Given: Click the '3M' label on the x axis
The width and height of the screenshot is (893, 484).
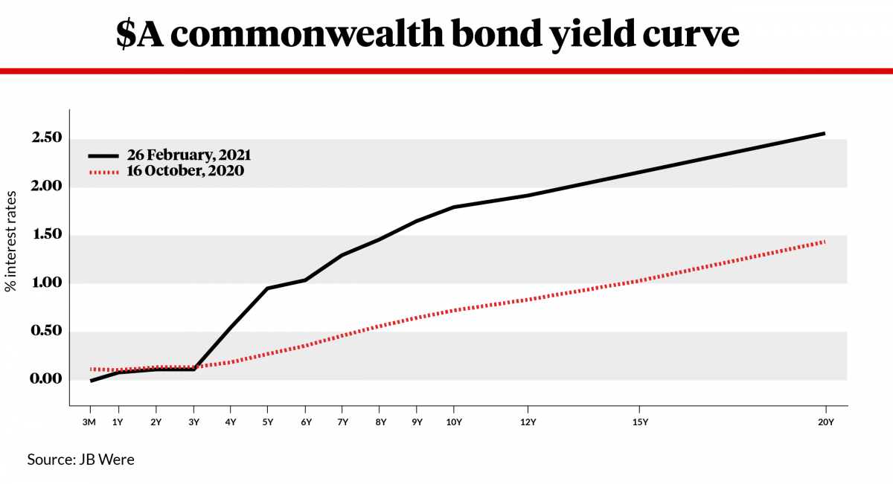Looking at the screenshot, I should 90,422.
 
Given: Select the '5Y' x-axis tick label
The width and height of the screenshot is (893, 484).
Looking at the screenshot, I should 268,422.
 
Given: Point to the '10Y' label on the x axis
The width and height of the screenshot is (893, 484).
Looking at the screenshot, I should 454,422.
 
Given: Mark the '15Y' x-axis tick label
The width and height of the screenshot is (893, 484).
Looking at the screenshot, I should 639,422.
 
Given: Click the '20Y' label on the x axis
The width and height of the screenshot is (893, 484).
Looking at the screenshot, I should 825,422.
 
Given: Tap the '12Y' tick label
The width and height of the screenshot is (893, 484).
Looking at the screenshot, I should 528,422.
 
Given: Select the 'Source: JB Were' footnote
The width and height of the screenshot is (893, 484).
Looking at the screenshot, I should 81,459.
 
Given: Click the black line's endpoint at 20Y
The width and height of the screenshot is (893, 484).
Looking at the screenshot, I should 824,134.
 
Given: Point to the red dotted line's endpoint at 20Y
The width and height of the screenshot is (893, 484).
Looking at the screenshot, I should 824,242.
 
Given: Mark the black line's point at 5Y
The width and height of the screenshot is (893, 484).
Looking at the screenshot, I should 268,288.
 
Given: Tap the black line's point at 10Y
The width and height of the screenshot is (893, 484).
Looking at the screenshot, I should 454,207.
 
